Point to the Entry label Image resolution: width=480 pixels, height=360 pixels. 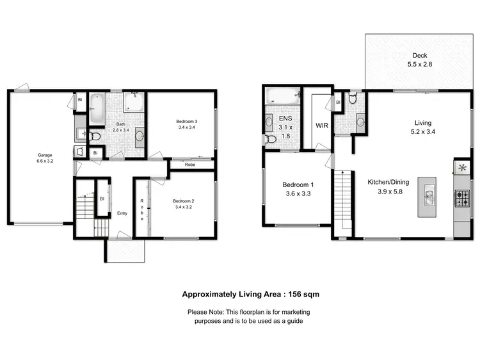click(121, 213)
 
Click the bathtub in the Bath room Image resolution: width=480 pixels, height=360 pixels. click(97, 109)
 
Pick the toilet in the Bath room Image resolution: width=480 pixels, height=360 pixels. click(95, 136)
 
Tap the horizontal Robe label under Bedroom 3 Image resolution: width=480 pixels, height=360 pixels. click(190, 165)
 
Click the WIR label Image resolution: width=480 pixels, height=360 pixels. click(322, 126)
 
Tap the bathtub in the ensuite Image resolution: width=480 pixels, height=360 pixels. click(282, 97)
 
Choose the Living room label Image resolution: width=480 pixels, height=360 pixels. click(422, 122)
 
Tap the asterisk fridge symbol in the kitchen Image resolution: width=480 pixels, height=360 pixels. click(461, 168)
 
